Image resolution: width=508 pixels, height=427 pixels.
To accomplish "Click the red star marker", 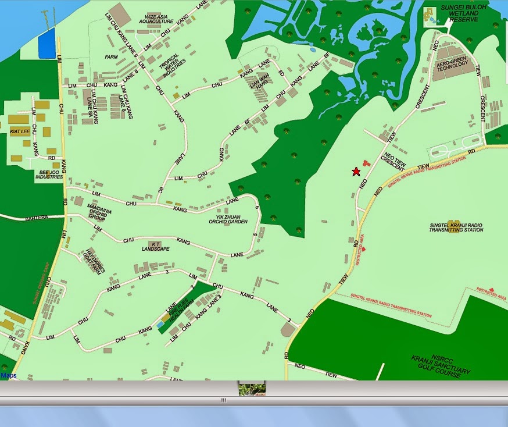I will pyautogui.click(x=356, y=172).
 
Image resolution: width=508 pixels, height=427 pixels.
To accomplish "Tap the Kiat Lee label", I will pyautogui.click(x=20, y=131).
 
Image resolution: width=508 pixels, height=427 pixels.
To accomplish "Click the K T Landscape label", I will pyautogui.click(x=156, y=247).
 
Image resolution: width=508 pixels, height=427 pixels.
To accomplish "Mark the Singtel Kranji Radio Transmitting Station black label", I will pyautogui.click(x=456, y=227).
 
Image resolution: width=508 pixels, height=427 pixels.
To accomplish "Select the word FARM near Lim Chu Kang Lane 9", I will pyautogui.click(x=111, y=58).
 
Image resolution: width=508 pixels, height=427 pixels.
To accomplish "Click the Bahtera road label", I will pyautogui.click(x=35, y=218).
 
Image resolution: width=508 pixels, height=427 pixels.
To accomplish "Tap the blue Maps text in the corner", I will pyautogui.click(x=9, y=376).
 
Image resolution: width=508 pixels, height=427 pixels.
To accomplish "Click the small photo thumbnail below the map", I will pyautogui.click(x=252, y=389).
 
